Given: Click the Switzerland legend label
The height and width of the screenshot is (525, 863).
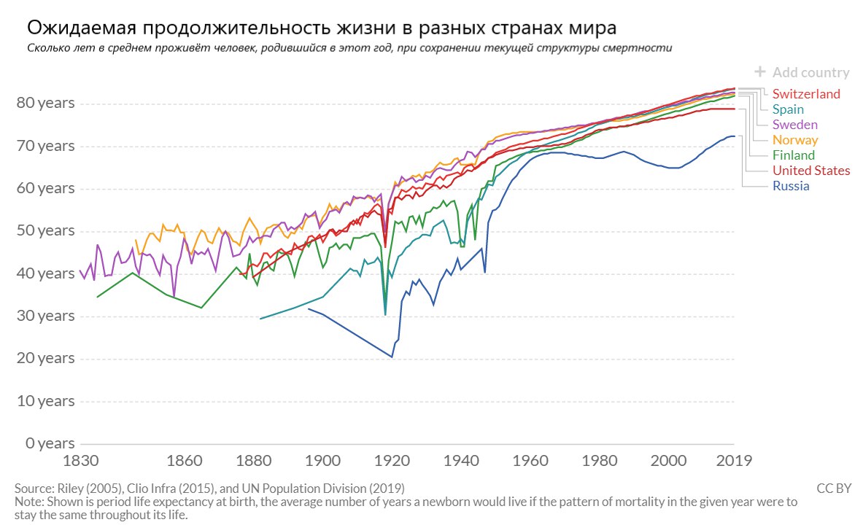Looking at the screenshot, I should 806,94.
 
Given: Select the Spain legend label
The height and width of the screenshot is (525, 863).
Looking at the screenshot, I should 789,109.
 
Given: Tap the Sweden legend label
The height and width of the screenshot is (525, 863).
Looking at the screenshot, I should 794,125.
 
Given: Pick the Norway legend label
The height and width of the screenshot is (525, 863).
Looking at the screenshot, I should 795,140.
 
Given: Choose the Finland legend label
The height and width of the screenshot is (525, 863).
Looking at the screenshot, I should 794,155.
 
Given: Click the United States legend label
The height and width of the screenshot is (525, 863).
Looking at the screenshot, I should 811,171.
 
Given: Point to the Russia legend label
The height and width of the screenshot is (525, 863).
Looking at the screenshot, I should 791,186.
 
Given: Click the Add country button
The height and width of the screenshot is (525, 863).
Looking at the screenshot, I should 802,72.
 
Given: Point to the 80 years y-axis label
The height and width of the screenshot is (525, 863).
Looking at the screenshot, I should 45,103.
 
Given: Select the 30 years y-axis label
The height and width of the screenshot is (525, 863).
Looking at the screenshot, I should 45,316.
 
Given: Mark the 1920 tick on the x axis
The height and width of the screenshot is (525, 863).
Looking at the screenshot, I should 392,461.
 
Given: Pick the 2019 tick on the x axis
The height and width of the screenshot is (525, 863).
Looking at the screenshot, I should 734,461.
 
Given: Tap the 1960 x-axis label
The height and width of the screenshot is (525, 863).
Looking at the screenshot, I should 530,461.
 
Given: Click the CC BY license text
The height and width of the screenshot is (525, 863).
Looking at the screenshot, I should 833,488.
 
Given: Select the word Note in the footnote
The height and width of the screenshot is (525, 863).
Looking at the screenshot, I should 28,502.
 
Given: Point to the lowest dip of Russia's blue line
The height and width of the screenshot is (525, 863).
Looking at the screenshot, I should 392,357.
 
